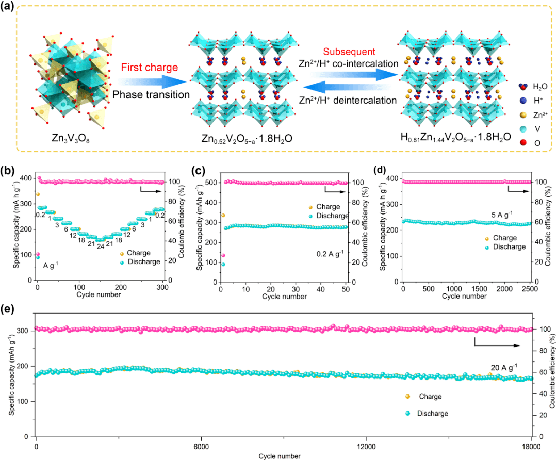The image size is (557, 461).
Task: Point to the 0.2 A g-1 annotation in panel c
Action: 326,254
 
